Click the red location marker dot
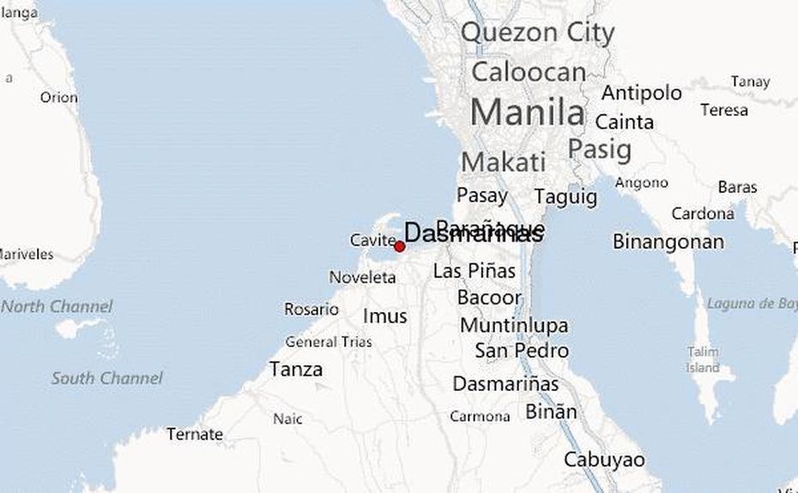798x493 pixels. [x=399, y=247]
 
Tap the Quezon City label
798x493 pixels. [x=537, y=33]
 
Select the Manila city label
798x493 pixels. [x=527, y=112]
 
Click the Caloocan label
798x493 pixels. [x=528, y=72]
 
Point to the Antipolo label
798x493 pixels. [x=641, y=93]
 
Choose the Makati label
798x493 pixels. [x=503, y=162]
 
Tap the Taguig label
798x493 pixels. [x=565, y=196]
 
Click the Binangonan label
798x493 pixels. [x=668, y=242]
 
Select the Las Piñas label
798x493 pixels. [x=475, y=271]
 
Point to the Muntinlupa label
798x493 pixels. [x=514, y=326]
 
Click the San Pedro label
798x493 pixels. [x=522, y=351]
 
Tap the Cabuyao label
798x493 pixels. [x=604, y=460]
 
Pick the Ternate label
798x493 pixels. [x=195, y=434]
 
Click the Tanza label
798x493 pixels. [x=296, y=370]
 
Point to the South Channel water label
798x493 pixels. [x=106, y=377]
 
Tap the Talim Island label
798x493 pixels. [x=703, y=359]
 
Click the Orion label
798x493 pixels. [x=58, y=98]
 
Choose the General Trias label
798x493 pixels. [x=329, y=342]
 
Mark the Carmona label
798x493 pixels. [x=480, y=416]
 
